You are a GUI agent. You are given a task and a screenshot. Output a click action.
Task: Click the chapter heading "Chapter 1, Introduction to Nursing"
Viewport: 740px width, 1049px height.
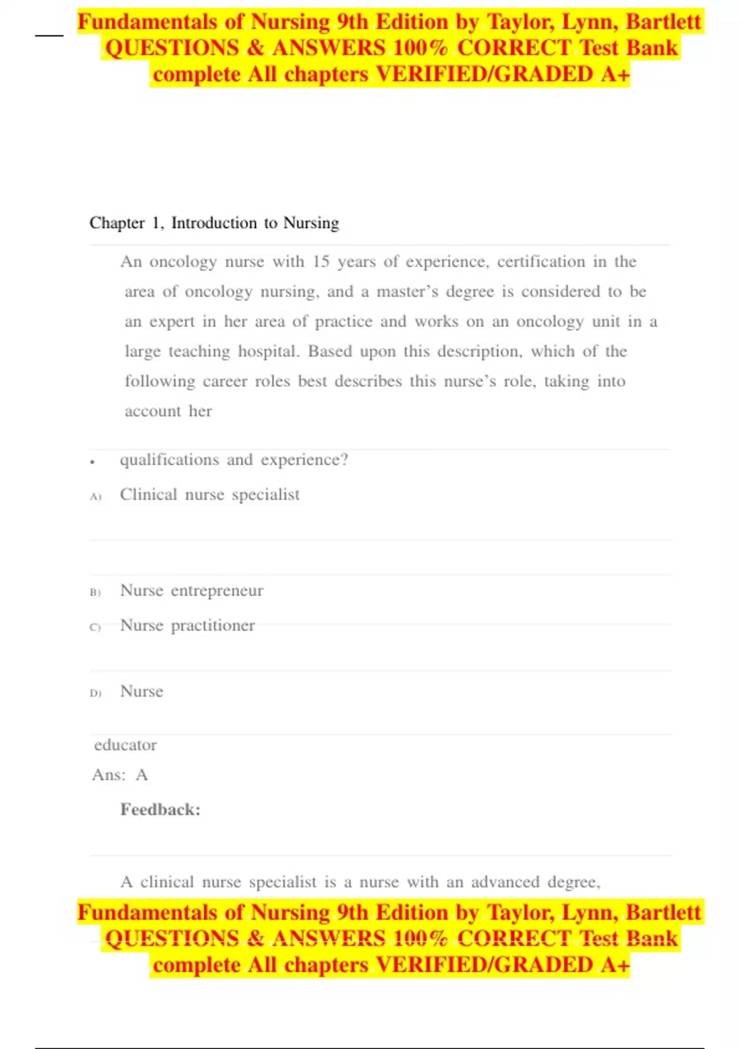[x=214, y=223]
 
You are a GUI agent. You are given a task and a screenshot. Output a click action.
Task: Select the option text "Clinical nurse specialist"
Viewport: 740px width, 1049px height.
[x=210, y=494]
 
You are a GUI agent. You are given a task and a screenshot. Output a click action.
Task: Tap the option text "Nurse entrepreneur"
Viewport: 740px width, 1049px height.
[x=192, y=591]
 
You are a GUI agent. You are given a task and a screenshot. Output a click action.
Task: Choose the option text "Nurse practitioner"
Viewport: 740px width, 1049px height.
[x=187, y=625]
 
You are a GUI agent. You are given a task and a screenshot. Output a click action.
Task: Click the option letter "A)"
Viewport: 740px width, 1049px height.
[x=95, y=496]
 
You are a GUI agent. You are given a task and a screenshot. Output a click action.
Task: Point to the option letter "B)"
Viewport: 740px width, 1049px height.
[x=95, y=592]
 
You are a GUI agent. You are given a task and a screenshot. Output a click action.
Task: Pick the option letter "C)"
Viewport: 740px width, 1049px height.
[x=95, y=627]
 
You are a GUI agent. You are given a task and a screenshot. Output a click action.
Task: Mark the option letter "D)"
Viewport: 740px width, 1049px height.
[x=95, y=693]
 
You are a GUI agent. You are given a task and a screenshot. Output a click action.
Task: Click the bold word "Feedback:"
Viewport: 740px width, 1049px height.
[x=160, y=810]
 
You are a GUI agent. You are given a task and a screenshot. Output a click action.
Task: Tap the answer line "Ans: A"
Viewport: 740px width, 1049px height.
[x=120, y=774]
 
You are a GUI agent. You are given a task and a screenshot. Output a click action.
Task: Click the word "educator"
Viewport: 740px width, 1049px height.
[x=125, y=745]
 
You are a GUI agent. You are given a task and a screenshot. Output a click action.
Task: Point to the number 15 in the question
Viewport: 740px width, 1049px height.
[x=321, y=262]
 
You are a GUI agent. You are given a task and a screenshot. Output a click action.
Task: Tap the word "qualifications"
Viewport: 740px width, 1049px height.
[x=169, y=460]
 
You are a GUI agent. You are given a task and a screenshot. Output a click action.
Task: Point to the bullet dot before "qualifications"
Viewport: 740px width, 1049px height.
[x=92, y=462]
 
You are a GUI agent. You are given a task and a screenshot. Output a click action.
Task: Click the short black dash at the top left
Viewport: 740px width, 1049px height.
[x=49, y=35]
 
